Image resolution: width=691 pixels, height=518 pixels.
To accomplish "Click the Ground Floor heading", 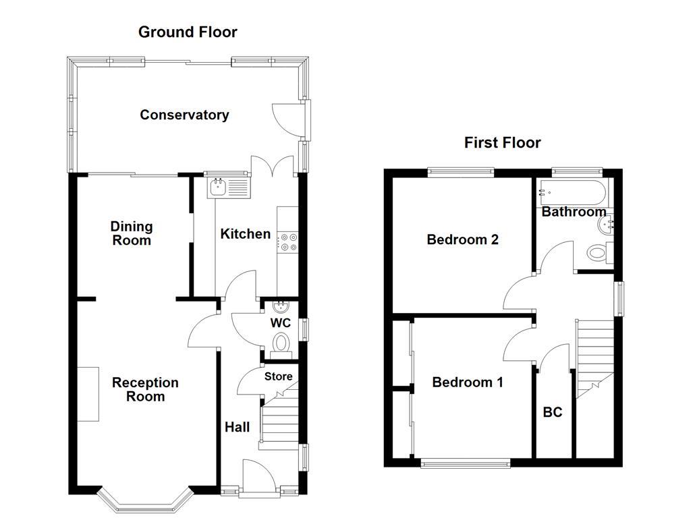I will coord(188,32).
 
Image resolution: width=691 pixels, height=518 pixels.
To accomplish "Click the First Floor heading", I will coord(502,142).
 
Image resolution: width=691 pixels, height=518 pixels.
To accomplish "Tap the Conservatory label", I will coord(184,115).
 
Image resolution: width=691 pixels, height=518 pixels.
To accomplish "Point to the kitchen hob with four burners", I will coord(288,242).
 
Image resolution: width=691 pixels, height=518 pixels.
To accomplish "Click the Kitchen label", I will coord(246,234).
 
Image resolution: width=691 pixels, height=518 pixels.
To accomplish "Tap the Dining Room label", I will coord(132,233).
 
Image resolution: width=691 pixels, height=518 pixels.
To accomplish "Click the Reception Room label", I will coord(145,389).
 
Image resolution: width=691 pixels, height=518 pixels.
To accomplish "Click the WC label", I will coord(280,323).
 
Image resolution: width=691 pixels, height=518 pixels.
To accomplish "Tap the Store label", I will coord(278,376).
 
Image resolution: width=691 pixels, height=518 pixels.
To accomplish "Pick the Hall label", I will coord(237,427).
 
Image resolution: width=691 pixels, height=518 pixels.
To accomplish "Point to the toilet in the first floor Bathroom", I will coord(598,253).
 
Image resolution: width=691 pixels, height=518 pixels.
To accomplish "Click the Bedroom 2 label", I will coord(462,239).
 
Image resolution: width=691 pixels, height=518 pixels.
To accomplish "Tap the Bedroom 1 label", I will coord(467,382).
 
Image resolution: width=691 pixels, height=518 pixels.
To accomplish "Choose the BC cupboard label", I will coord(552,412).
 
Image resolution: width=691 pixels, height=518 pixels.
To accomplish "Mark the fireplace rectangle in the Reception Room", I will coord(88,394).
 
